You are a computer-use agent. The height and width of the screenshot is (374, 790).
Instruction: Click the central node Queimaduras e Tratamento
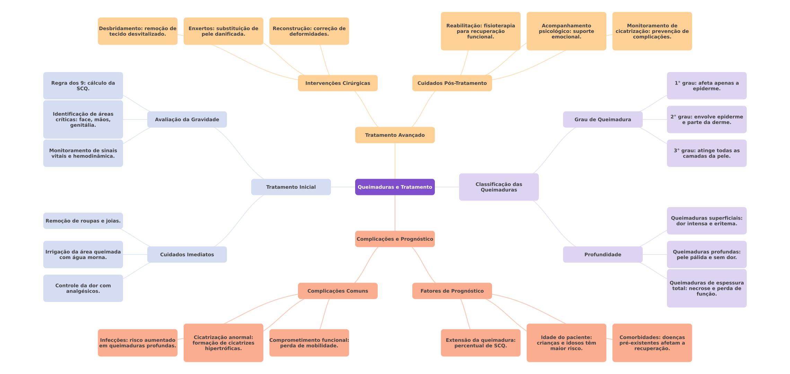[x=395, y=187]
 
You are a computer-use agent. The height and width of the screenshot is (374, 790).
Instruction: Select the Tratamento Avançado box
[x=395, y=135]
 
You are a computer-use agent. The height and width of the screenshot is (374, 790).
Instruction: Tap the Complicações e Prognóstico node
[x=395, y=239]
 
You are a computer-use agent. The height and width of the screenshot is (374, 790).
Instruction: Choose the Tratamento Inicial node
[x=291, y=187]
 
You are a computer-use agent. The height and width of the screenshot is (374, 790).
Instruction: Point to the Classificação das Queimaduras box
[x=499, y=187]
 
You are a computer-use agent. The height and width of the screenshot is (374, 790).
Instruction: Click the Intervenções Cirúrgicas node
[x=337, y=83]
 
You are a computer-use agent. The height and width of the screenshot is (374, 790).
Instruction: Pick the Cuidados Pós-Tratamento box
[x=452, y=83]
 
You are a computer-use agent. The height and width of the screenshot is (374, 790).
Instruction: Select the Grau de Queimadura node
[x=603, y=119]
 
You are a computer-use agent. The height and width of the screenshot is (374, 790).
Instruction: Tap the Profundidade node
[x=603, y=255]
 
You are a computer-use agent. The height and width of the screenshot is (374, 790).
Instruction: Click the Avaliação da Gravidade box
[x=187, y=119]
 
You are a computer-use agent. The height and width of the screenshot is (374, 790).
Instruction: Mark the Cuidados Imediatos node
[x=187, y=255]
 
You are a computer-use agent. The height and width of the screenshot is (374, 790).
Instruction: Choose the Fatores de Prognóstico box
[x=452, y=291]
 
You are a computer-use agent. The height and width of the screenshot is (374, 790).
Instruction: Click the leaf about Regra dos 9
[x=83, y=86]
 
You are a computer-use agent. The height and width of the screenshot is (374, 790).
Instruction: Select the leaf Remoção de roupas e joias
[x=83, y=221]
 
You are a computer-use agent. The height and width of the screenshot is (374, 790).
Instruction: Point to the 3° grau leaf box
[x=706, y=153]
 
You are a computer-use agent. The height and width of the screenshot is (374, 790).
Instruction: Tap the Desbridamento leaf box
[x=138, y=31]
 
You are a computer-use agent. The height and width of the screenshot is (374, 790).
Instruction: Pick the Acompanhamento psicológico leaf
[x=566, y=31]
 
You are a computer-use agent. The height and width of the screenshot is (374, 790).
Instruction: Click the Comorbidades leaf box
[x=652, y=343]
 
